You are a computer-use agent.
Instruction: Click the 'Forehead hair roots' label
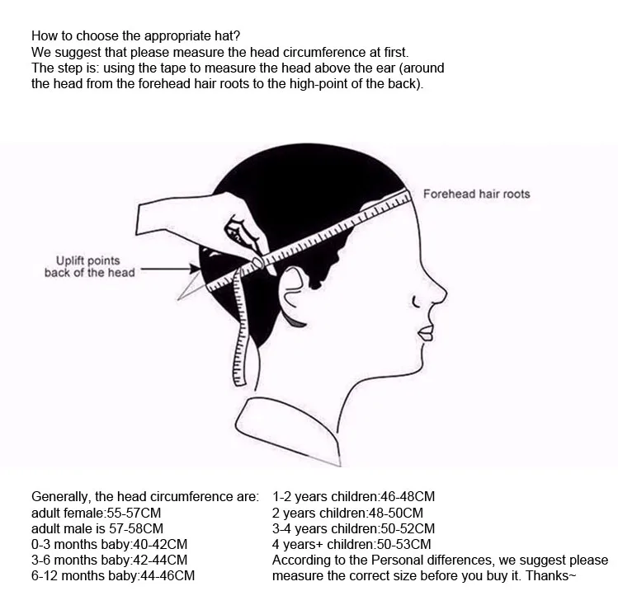tap(476, 194)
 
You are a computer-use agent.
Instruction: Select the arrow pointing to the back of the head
tap(169, 270)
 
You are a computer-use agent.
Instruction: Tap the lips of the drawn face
tap(425, 332)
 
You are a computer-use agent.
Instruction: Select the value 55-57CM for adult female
tap(133, 512)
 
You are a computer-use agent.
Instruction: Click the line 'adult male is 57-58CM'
tap(97, 528)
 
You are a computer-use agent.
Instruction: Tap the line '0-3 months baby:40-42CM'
tap(109, 544)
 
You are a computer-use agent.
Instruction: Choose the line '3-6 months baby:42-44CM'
tap(109, 560)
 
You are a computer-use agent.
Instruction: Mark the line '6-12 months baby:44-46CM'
tap(113, 575)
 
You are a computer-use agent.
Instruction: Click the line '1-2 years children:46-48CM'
tap(353, 496)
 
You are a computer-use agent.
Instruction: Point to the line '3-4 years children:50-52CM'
tap(353, 528)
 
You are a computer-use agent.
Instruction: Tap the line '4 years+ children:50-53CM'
tap(351, 544)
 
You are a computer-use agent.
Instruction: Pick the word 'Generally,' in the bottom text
tap(60, 496)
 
